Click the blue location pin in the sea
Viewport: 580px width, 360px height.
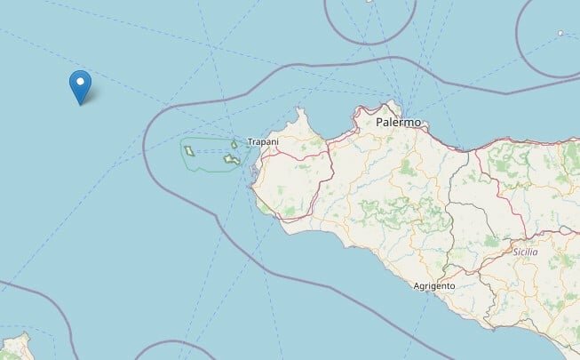(81, 85)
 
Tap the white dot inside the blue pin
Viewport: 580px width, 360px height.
(81, 83)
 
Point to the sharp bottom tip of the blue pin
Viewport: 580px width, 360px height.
(81, 104)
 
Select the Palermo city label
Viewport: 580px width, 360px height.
(399, 122)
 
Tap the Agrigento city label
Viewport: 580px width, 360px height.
(434, 286)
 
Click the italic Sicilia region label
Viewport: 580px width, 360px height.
(526, 252)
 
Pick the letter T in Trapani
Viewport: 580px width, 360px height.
(249, 142)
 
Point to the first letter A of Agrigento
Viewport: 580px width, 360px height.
(417, 286)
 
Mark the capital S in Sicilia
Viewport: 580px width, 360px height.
(515, 252)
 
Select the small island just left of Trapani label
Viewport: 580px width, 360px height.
(234, 145)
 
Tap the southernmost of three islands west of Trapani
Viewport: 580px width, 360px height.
(232, 160)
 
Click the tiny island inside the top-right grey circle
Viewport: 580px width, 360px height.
(560, 34)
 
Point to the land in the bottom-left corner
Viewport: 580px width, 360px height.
(13, 348)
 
